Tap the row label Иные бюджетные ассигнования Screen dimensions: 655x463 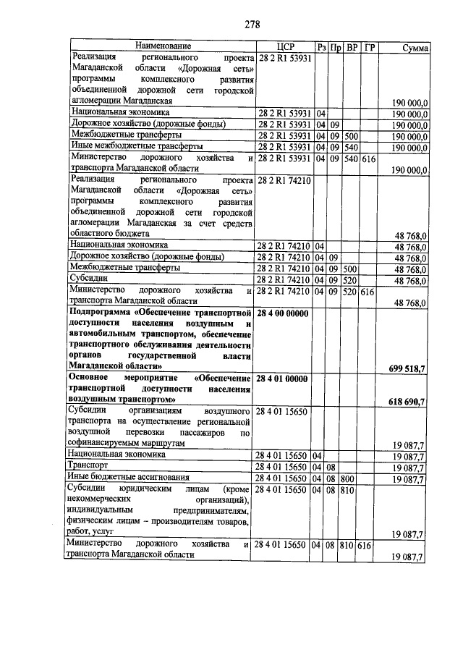point(127,478)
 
